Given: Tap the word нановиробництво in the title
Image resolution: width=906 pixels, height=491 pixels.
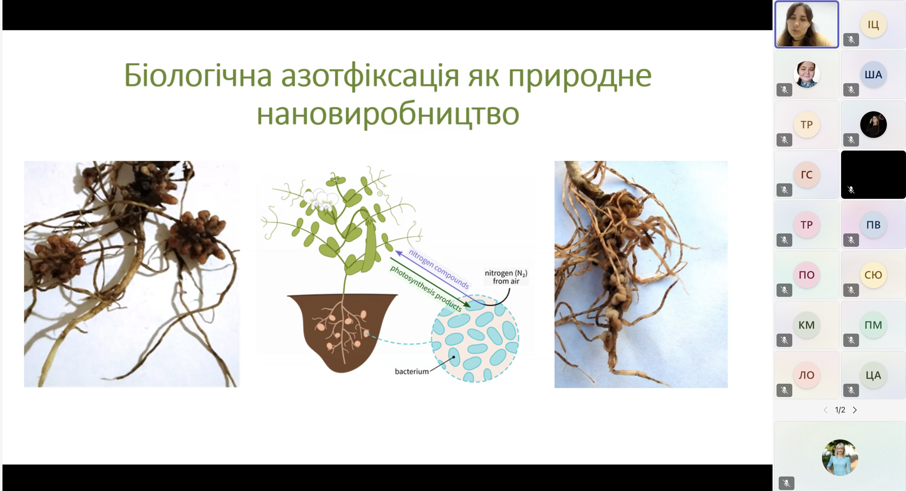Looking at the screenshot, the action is pos(388,114).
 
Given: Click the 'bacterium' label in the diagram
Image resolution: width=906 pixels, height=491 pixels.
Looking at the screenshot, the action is pos(412,371).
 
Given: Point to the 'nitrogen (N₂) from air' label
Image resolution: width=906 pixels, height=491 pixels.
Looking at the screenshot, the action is pos(506,277).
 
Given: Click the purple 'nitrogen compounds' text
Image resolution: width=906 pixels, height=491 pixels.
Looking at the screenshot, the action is pos(439,269).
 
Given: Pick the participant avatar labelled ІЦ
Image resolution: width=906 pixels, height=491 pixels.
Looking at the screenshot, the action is pos(873,24).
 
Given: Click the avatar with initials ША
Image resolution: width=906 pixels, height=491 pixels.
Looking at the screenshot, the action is pos(873,75).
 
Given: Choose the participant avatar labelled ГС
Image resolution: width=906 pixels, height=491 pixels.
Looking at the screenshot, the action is pos(807,175).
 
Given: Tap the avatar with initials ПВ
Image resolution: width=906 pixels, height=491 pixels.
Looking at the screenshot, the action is pos(873,224).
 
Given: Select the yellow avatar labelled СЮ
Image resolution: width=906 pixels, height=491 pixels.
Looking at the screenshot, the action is pos(873,275).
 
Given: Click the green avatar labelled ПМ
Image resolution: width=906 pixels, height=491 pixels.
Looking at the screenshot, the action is pos(873,325).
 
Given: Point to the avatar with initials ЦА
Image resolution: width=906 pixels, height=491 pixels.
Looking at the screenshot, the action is pos(873,375).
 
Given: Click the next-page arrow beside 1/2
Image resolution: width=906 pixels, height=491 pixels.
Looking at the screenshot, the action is pos(855,410).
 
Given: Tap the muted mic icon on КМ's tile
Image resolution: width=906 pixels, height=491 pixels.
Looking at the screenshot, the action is pos(784,340).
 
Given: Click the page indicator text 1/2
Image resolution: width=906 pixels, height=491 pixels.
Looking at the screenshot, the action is pos(840,410).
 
